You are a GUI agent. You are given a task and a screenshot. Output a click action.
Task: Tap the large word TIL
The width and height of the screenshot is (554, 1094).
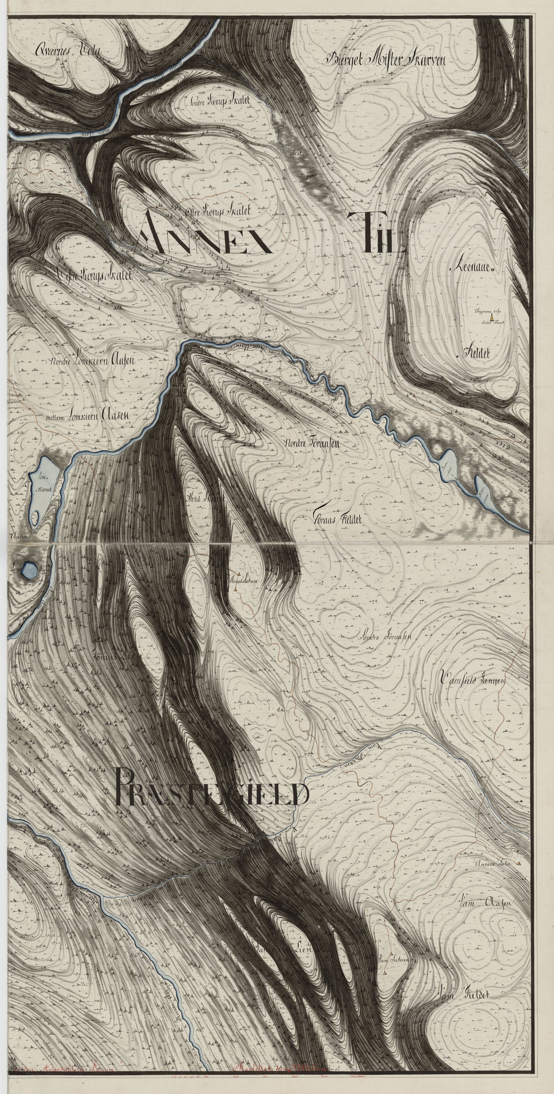[376, 232]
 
